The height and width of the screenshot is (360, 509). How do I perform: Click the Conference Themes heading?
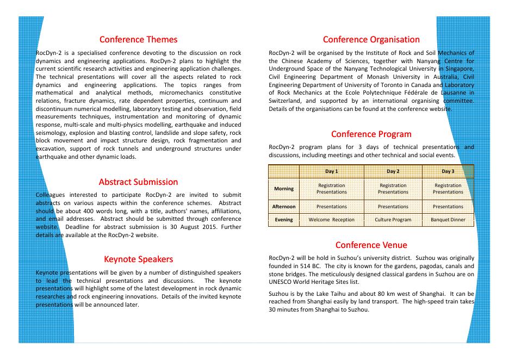click(138, 40)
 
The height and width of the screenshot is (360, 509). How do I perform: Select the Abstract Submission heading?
click(138, 182)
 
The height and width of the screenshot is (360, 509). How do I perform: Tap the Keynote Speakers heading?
click(138, 259)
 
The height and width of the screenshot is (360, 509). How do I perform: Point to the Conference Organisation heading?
click(371, 40)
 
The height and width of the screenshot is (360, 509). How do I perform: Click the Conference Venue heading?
click(371, 245)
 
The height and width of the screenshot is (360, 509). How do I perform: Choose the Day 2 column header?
click(393, 171)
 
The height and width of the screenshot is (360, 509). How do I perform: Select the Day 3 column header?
click(448, 171)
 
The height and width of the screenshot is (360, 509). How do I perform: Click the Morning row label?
click(284, 189)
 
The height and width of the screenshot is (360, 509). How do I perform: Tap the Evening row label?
click(284, 220)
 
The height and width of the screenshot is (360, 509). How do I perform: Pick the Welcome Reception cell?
click(331, 220)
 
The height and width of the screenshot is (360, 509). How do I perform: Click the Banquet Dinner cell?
click(448, 220)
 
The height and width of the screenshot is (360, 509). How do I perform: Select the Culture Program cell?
click(393, 220)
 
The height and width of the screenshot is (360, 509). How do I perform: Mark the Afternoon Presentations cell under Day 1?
click(331, 207)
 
